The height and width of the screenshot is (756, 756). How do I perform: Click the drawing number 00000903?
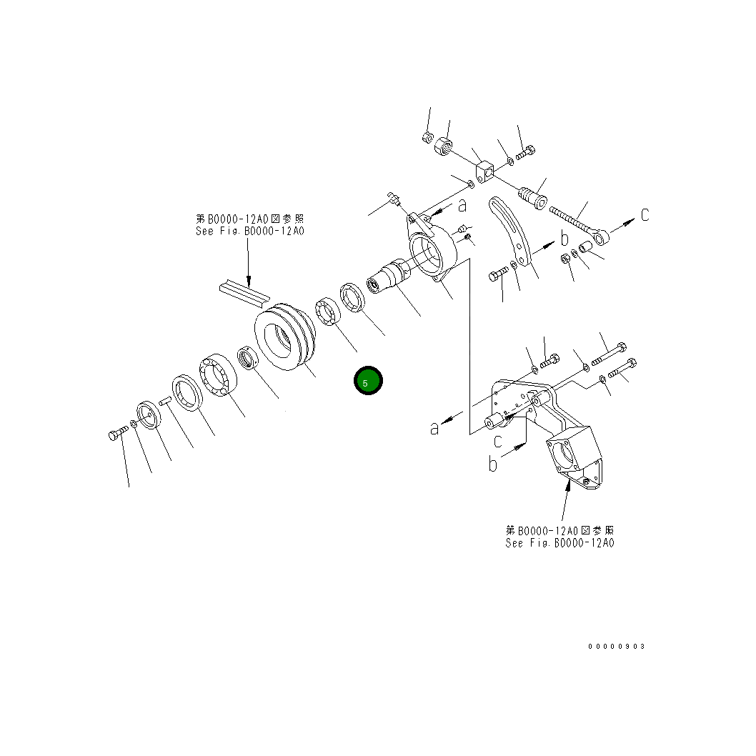[x=616, y=646]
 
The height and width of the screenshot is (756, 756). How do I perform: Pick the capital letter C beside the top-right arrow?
[x=645, y=214]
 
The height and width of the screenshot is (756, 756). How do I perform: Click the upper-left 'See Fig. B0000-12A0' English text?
[x=249, y=232]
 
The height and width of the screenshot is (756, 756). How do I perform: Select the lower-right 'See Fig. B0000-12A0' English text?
[x=559, y=542]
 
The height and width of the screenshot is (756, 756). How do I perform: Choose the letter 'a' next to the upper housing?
[x=462, y=205]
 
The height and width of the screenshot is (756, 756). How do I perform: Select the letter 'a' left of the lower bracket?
[x=434, y=428]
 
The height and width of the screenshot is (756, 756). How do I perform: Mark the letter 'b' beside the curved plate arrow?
[x=564, y=238]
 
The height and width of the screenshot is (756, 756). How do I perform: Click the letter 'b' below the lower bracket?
[x=492, y=464]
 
